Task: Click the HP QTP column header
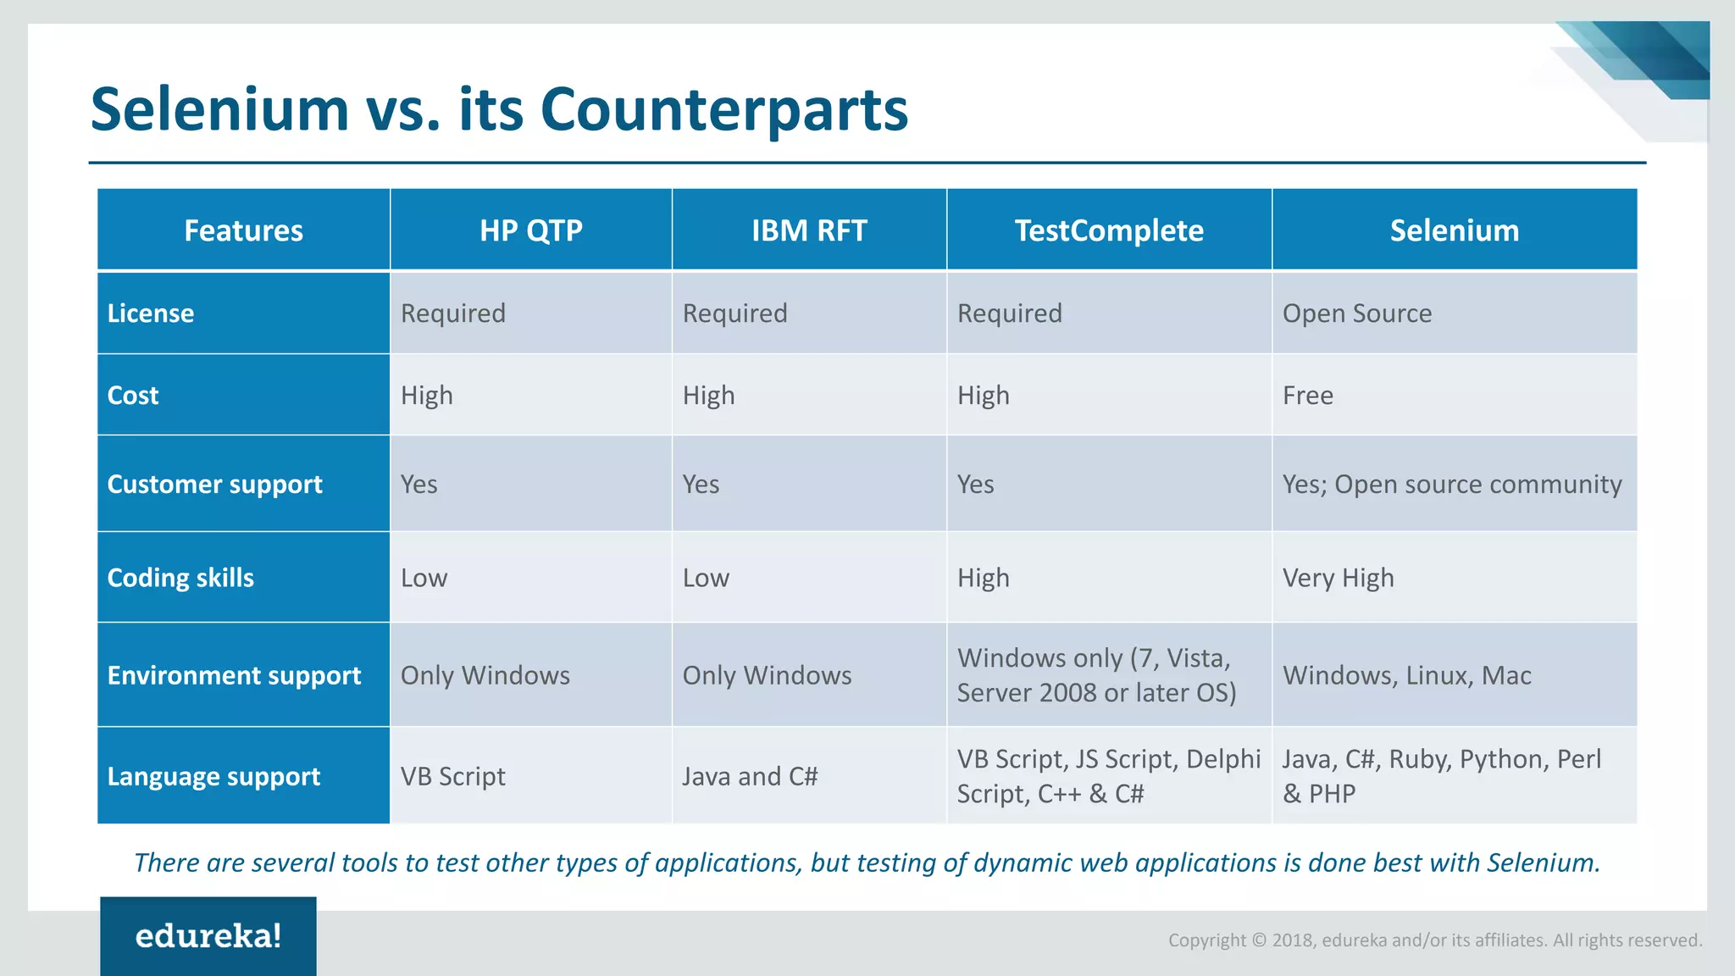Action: coord(531,230)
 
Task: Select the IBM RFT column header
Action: coord(809,230)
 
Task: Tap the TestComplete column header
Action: coord(1109,230)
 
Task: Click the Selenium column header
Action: coord(1454,230)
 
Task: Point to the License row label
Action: coord(151,313)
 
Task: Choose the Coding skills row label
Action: coord(180,578)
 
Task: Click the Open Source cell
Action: coord(1356,313)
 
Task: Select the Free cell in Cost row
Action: coord(1307,396)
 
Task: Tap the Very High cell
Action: coord(1338,578)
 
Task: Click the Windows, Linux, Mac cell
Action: coord(1406,675)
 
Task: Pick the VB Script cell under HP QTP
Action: coord(452,776)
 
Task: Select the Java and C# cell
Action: coord(750,776)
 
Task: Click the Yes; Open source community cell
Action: coord(1451,485)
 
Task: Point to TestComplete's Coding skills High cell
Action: coord(983,578)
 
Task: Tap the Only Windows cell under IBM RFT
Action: coord(767,675)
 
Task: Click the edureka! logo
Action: coord(208,936)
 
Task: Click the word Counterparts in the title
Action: coord(723,110)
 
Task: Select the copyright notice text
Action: coord(1434,940)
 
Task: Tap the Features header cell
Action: coord(243,230)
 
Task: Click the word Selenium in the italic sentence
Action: coord(1542,862)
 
